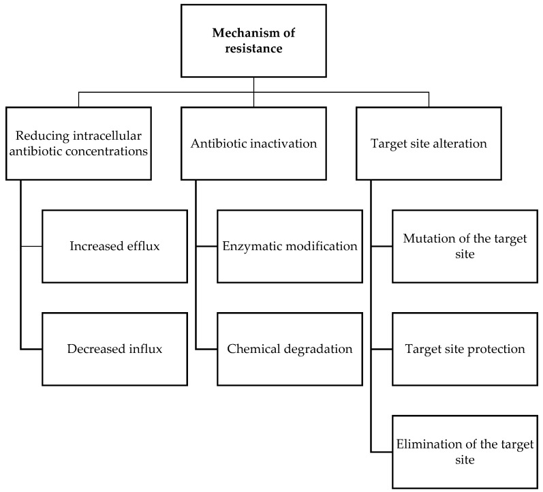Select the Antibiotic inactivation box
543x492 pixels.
click(x=253, y=143)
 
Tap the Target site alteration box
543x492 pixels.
click(x=429, y=143)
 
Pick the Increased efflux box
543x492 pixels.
click(x=114, y=246)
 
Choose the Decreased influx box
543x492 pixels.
click(x=114, y=349)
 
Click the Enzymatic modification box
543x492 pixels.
click(x=290, y=246)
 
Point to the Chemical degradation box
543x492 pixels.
click(x=290, y=349)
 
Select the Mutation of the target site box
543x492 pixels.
click(x=465, y=246)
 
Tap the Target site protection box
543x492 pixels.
click(x=465, y=349)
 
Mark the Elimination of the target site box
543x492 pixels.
click(x=465, y=452)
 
